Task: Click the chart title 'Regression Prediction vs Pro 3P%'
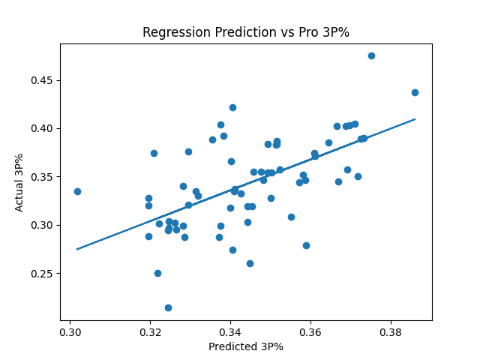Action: click(x=246, y=32)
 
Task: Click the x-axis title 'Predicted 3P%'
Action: click(x=246, y=346)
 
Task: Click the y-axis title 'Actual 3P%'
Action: click(x=20, y=182)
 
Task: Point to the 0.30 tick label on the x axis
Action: click(x=70, y=331)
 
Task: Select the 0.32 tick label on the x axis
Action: click(x=150, y=331)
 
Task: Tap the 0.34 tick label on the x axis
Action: click(x=230, y=331)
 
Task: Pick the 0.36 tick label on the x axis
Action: click(x=310, y=331)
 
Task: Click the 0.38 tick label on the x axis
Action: click(x=390, y=331)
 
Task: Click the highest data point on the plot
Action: click(x=371, y=55)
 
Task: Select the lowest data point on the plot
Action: click(x=168, y=307)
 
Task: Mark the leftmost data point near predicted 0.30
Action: click(x=77, y=191)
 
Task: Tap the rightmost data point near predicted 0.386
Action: click(x=415, y=92)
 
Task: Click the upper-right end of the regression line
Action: click(x=415, y=118)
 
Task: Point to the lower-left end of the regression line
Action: click(x=77, y=249)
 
